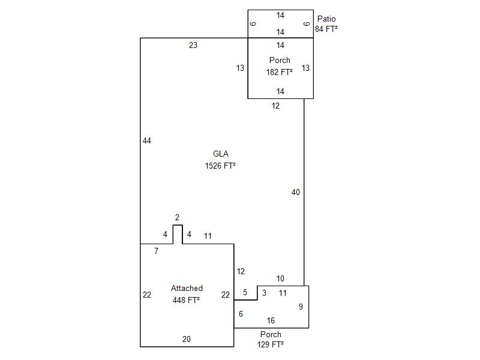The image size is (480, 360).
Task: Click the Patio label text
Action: tap(326, 19)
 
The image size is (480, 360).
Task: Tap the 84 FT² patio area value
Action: tap(326, 29)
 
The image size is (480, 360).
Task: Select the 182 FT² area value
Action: tap(280, 72)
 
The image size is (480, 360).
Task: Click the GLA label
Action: tap(221, 154)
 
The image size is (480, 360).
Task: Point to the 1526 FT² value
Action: tap(220, 166)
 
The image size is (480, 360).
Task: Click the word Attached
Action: tap(187, 289)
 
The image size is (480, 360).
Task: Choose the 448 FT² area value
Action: tap(186, 300)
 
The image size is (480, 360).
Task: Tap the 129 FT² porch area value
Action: tap(271, 345)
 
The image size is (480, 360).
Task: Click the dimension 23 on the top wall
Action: tap(193, 45)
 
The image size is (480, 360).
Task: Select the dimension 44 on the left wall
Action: tap(147, 141)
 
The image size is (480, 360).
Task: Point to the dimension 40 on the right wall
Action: tap(295, 193)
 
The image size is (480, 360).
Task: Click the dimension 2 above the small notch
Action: tap(177, 218)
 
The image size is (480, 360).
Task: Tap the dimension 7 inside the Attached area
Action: tap(157, 251)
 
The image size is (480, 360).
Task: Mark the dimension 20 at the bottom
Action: tap(187, 340)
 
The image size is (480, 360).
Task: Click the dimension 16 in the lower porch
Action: tap(271, 321)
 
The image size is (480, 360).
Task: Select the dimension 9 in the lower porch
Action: tap(301, 307)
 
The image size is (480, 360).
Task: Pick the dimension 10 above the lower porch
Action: tap(280, 279)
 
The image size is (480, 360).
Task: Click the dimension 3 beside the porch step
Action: tap(265, 293)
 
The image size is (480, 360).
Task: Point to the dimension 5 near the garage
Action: tap(245, 293)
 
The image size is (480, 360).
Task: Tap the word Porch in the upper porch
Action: tap(280, 61)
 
